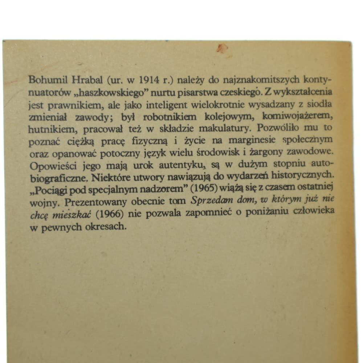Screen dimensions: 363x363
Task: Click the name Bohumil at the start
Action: (x=45, y=80)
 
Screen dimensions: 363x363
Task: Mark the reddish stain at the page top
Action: (x=222, y=48)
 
